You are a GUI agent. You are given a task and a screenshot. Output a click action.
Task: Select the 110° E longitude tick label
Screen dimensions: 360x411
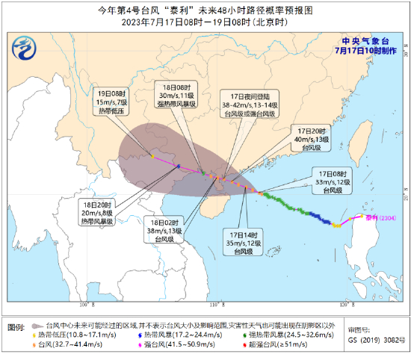pyautogui.click(x=216, y=305)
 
